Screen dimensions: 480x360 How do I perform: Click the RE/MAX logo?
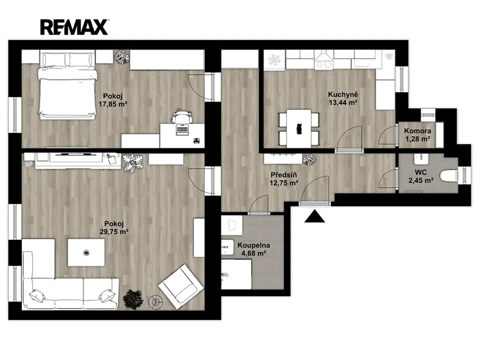coord(75,27)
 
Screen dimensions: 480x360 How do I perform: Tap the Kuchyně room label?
coord(343,95)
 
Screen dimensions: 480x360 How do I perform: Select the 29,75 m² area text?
coord(114,232)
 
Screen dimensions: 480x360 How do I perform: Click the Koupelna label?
coord(254,245)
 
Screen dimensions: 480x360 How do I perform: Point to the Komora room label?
coord(418,131)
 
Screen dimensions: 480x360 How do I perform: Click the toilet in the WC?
coord(449,177)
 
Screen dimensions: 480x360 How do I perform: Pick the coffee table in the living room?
coord(86,253)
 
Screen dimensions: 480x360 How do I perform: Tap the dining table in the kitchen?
coord(299,128)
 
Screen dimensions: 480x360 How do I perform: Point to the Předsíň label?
coord(284,175)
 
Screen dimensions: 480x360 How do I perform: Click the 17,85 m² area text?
coord(113,104)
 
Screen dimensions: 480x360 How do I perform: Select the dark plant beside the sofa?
coord(133,299)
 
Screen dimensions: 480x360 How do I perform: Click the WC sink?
coord(422,159)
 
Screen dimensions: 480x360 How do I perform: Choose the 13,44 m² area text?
coord(343,103)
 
